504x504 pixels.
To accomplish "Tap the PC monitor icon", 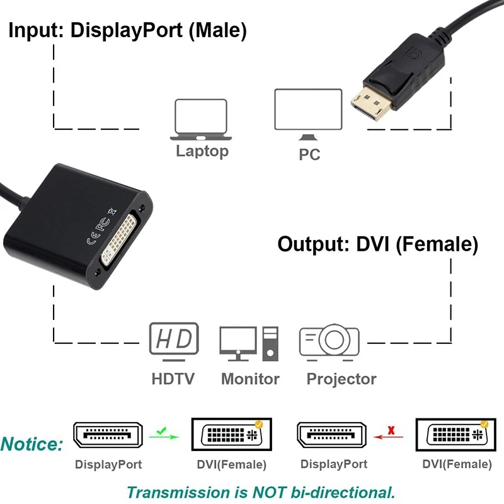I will click(x=307, y=113).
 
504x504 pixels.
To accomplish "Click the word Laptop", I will click(x=202, y=151).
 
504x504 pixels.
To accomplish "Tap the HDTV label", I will click(x=173, y=379).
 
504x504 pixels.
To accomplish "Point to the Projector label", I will click(x=341, y=379).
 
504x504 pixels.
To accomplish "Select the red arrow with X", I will click(x=391, y=433).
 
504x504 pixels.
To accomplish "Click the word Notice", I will click(x=32, y=444).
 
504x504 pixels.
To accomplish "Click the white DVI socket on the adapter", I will click(x=123, y=238).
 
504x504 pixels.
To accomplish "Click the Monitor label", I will click(x=250, y=379).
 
